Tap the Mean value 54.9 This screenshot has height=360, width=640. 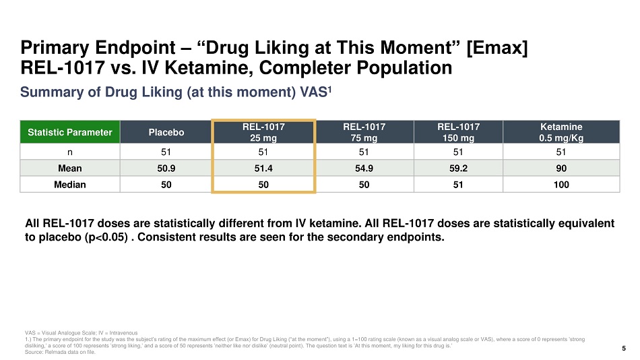363,167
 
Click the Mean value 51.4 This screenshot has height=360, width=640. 263,167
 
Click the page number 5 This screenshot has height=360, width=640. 623,349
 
